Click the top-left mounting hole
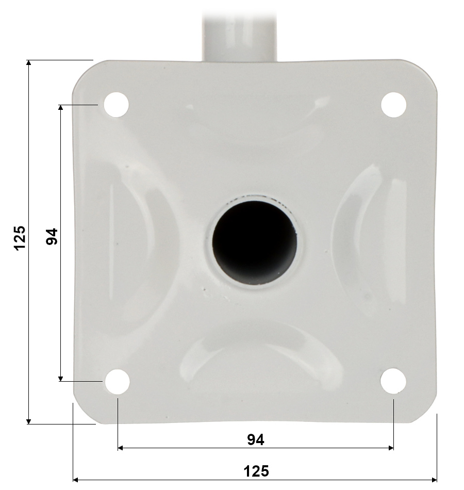click(x=116, y=105)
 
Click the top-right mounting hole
click(x=393, y=105)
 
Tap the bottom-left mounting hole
click(x=117, y=381)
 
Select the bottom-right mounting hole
click(x=393, y=381)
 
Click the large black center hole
click(x=254, y=243)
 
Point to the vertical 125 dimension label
click(x=20, y=238)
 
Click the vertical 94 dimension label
click(x=52, y=237)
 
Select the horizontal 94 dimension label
click(x=256, y=439)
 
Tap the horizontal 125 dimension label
click(x=256, y=471)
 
